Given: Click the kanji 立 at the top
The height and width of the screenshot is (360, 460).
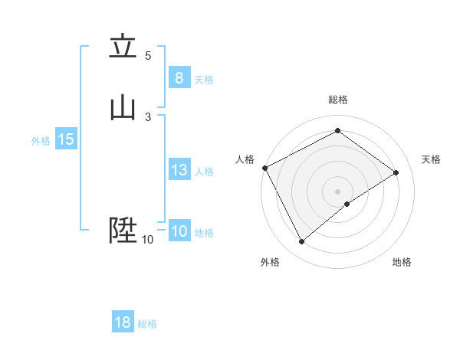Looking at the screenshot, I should point(123,47).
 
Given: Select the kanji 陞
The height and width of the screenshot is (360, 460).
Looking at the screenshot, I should point(123,229).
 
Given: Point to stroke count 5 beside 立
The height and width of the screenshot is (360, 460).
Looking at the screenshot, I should point(148,56).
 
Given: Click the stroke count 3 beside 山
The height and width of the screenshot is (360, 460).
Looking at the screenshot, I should point(148,116).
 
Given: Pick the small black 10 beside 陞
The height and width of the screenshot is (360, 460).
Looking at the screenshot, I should point(147,240).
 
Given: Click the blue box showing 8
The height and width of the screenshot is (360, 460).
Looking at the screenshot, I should point(179,77).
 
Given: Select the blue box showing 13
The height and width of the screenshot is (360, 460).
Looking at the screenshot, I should point(179,170).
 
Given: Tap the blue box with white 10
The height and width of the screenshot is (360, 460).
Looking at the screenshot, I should point(179,231).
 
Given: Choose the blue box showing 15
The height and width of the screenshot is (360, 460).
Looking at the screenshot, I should point(65,139).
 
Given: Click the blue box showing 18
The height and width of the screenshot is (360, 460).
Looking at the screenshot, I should point(123,322).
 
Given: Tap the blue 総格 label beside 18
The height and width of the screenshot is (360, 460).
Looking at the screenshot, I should point(147,324).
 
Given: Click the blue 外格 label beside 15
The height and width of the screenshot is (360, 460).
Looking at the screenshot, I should point(41,141).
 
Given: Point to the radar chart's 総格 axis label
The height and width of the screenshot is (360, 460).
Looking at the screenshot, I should point(337,100).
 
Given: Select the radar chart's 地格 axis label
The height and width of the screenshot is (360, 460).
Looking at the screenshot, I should point(402,262).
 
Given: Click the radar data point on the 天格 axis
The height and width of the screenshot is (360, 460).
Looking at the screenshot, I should point(396,172).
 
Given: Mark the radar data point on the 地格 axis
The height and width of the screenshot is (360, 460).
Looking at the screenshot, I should point(347,204).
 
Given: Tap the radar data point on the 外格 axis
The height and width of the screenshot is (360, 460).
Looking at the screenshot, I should point(302,242).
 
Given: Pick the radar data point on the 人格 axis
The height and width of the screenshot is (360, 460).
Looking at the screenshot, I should point(264,168).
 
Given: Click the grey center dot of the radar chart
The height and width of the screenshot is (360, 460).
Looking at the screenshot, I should point(337,191).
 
